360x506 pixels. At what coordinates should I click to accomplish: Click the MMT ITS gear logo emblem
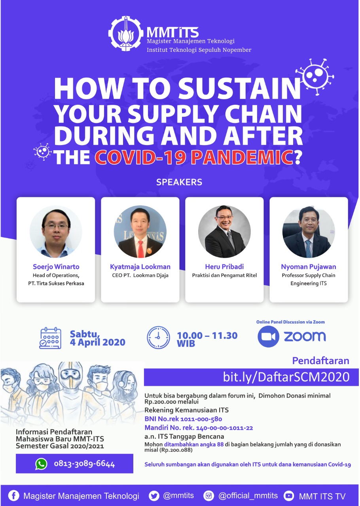(126, 34)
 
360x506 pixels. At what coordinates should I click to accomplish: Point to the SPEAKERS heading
(179, 182)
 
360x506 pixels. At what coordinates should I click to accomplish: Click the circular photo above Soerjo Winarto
(56, 232)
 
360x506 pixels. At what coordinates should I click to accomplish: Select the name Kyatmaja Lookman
(140, 266)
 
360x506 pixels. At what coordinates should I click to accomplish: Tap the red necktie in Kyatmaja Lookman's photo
(140, 249)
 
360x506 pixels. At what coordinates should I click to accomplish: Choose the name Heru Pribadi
(224, 266)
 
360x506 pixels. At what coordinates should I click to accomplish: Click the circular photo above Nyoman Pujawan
(309, 232)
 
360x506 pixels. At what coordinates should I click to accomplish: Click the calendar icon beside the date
(50, 338)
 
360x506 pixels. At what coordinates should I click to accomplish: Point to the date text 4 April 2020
(97, 342)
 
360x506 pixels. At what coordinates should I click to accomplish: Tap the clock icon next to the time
(158, 337)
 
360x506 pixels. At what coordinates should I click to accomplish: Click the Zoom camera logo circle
(268, 336)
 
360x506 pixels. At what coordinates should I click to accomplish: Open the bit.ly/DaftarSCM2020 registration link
(286, 377)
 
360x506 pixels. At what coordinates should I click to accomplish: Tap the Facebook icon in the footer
(14, 496)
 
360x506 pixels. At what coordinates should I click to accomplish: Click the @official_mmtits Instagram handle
(248, 496)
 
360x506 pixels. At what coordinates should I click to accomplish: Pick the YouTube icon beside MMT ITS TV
(288, 496)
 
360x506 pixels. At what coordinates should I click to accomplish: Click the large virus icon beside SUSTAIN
(315, 77)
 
